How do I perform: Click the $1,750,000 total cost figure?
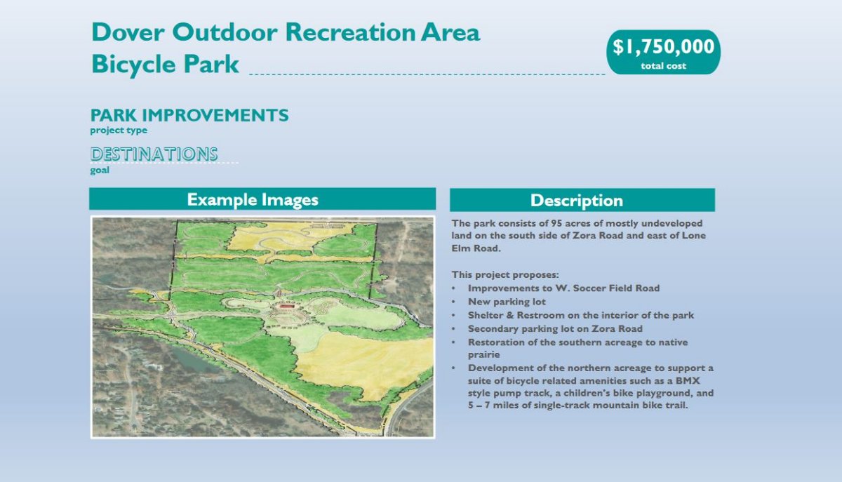click(x=664, y=46)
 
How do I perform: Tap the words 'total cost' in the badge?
click(x=664, y=66)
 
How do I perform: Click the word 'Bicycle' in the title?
click(x=133, y=65)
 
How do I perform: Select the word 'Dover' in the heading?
click(x=128, y=32)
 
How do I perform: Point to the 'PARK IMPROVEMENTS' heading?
click(x=189, y=115)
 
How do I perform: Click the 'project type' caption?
click(x=119, y=130)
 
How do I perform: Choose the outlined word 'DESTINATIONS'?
click(x=154, y=154)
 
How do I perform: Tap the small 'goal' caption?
click(x=100, y=170)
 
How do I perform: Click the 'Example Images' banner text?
click(x=253, y=199)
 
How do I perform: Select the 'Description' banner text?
click(x=577, y=201)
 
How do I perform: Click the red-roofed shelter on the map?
click(x=286, y=307)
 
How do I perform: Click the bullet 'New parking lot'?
click(x=507, y=302)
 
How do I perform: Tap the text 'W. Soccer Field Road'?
click(x=608, y=288)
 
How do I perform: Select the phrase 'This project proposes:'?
click(x=505, y=275)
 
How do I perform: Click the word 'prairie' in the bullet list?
click(x=483, y=354)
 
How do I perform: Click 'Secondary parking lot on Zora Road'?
click(x=555, y=328)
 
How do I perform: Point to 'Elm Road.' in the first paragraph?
click(x=476, y=248)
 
